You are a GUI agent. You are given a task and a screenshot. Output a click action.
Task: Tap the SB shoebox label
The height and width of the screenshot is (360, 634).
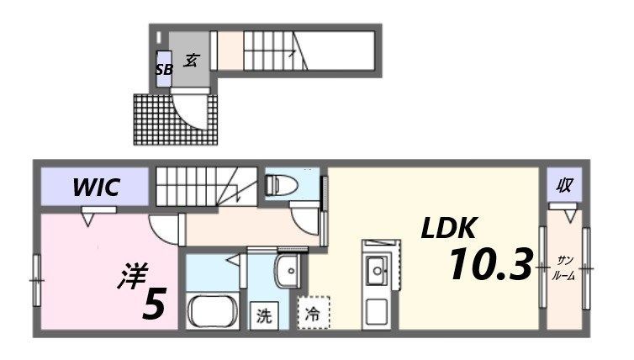[x=164, y=70]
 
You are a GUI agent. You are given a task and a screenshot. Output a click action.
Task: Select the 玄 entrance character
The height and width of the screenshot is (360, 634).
[x=192, y=60]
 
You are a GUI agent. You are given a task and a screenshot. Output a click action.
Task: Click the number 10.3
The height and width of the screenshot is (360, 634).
[x=490, y=265]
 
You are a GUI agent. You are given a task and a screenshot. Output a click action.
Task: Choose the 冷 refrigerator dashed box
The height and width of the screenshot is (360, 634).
[x=312, y=316]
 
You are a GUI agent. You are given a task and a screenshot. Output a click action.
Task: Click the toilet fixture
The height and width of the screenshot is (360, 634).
[x=280, y=185]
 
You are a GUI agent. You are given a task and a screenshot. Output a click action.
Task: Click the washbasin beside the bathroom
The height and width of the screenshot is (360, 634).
[x=288, y=272]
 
